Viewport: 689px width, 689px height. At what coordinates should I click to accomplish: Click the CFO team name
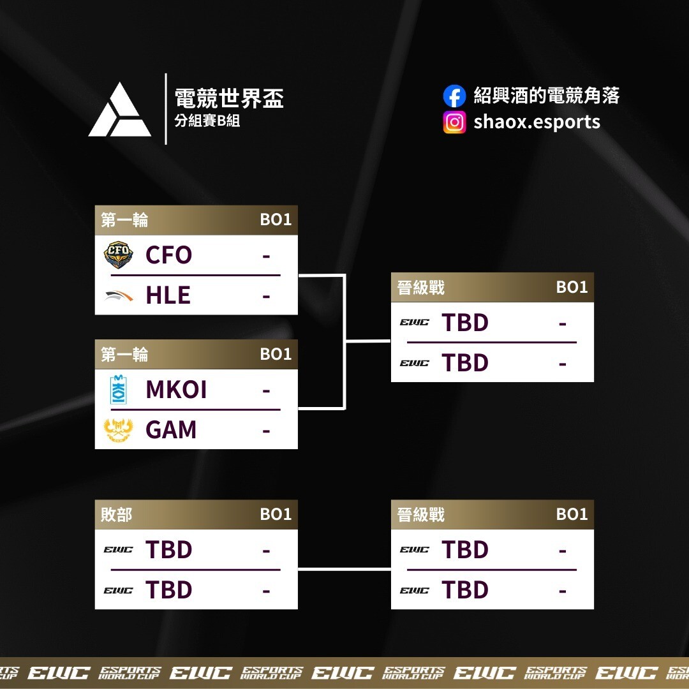(x=168, y=255)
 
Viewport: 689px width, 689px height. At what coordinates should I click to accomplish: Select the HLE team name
(x=168, y=295)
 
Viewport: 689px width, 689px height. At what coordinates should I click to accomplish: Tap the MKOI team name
(x=176, y=390)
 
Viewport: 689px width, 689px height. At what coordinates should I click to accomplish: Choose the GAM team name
(x=171, y=430)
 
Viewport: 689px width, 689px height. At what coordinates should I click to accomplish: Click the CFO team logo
(x=119, y=255)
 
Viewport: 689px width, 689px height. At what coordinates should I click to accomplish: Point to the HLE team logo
(x=119, y=295)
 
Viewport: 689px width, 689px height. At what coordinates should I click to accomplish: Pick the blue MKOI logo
(x=119, y=390)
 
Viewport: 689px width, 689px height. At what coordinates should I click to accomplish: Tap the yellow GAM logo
(x=119, y=430)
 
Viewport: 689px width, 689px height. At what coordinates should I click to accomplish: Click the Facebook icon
(x=454, y=96)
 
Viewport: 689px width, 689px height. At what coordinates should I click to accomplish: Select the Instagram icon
(x=454, y=122)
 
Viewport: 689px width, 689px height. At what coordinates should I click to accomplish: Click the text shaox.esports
(x=537, y=122)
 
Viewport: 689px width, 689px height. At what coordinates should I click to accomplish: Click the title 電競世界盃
(x=229, y=98)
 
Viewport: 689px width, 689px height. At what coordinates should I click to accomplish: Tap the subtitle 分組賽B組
(x=207, y=121)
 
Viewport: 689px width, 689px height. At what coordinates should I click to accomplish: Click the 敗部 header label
(x=116, y=514)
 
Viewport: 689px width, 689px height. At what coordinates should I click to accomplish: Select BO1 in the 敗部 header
(x=276, y=514)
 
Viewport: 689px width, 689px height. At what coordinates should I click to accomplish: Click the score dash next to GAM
(x=266, y=431)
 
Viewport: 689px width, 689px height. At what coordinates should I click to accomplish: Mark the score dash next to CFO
(x=266, y=256)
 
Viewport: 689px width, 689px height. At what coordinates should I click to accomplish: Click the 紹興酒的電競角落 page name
(x=547, y=96)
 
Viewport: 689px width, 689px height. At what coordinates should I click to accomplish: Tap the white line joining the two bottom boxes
(x=344, y=569)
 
